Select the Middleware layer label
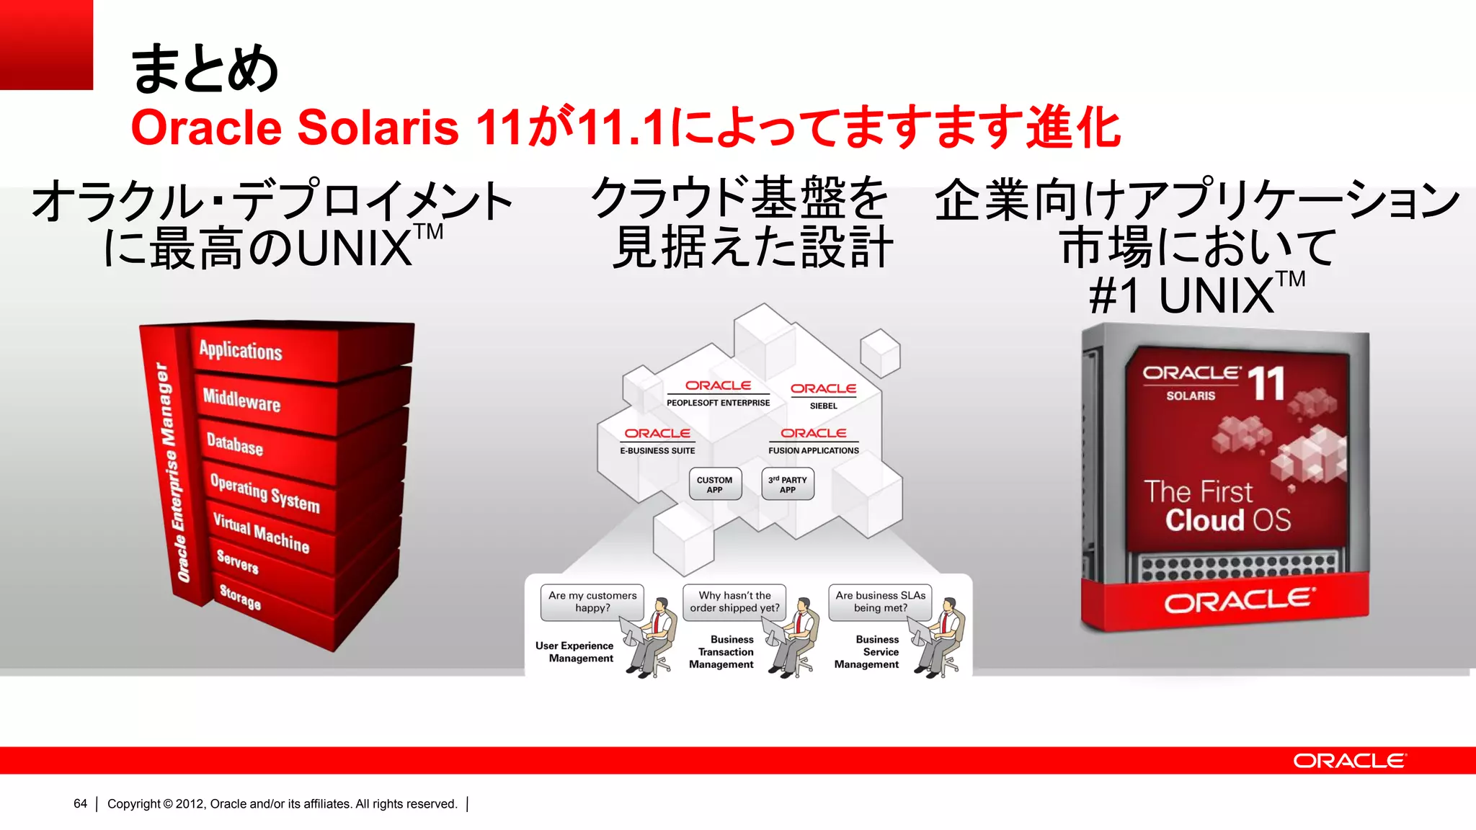[241, 399]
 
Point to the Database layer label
[234, 444]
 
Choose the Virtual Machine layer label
[261, 532]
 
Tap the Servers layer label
[237, 561]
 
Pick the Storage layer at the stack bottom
[240, 597]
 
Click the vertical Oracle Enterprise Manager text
[173, 472]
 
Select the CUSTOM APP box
[714, 485]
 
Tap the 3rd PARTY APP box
[788, 485]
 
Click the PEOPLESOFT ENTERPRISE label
[718, 403]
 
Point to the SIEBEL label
[823, 406]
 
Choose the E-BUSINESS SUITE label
[657, 450]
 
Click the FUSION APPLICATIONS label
[813, 450]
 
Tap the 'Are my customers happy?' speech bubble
[592, 602]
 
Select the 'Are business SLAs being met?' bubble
[880, 602]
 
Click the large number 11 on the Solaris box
[1266, 384]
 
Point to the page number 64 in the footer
[80, 803]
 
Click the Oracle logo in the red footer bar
[1348, 761]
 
